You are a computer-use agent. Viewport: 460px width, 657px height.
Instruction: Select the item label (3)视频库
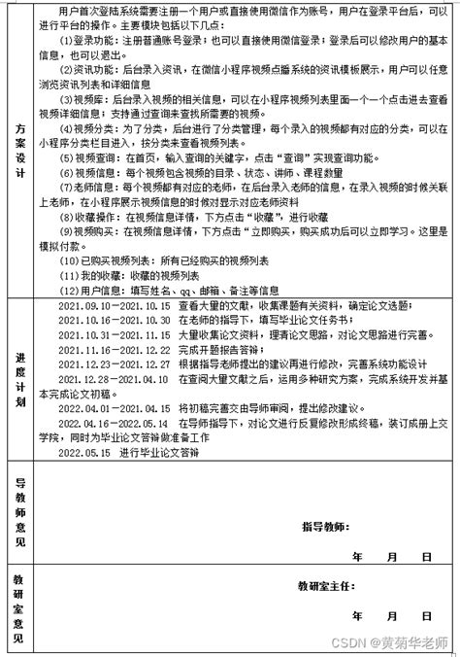click(82, 99)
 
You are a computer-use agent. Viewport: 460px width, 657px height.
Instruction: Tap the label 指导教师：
click(323, 526)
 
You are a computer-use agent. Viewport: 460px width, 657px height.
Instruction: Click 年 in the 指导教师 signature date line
click(357, 557)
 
